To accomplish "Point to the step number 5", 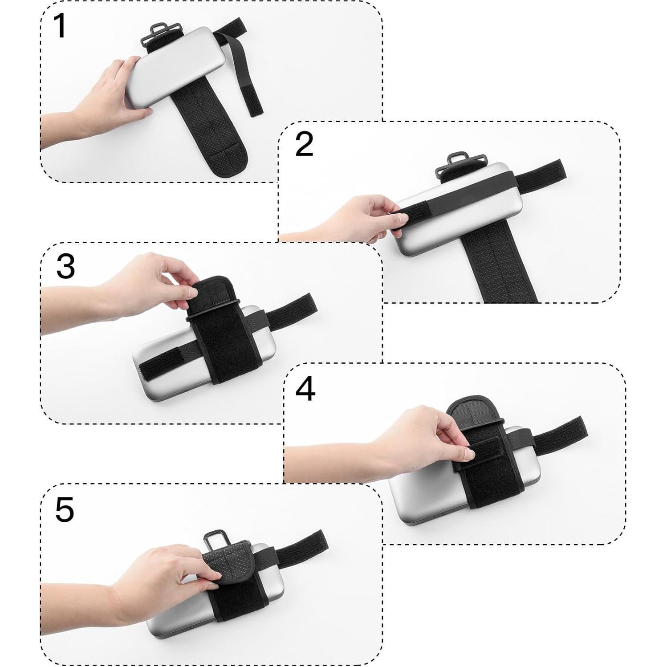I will click(65, 509).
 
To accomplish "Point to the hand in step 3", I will click(147, 285).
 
